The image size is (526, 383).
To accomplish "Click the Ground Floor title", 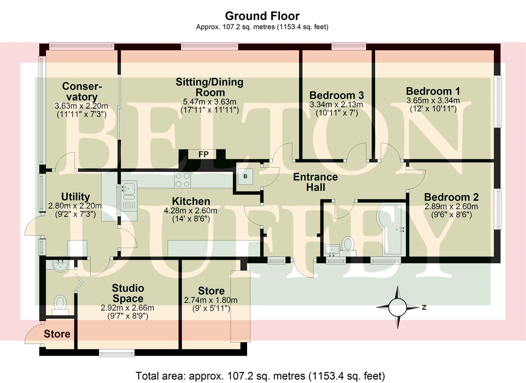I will (x=262, y=16).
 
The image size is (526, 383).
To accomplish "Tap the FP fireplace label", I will (x=203, y=154).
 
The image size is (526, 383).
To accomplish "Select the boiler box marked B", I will (x=245, y=176).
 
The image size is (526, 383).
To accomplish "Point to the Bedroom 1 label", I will (x=433, y=91).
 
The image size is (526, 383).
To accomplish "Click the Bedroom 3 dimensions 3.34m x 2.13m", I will (x=336, y=105).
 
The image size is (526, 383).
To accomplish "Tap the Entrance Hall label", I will (x=315, y=182).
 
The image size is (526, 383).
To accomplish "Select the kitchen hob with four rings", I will (x=182, y=180).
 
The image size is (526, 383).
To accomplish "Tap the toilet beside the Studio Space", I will (x=60, y=304).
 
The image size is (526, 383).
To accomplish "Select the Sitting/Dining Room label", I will (x=210, y=87).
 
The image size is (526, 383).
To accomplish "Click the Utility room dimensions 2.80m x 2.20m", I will (x=75, y=206).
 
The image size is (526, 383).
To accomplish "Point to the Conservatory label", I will (x=81, y=91).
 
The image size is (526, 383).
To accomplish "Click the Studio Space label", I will (x=128, y=293).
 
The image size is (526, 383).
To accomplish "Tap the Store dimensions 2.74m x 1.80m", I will (x=210, y=300).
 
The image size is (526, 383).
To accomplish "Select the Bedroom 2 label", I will (x=451, y=197).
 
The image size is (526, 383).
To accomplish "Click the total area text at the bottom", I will (x=260, y=376).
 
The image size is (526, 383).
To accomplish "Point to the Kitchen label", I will (x=191, y=201).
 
